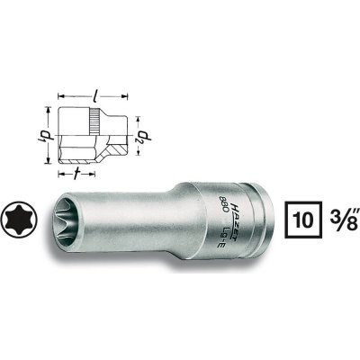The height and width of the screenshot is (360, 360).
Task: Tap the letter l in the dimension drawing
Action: [x=97, y=82]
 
